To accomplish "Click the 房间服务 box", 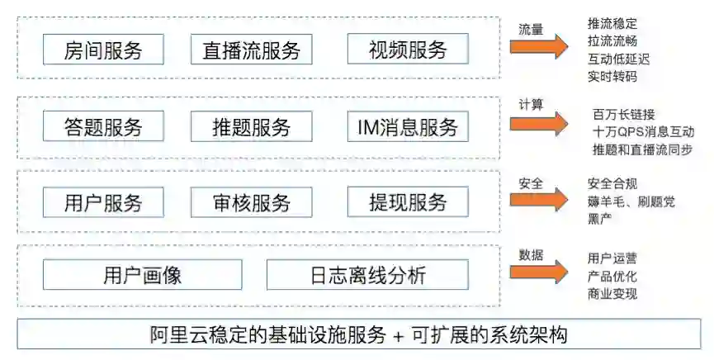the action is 104,50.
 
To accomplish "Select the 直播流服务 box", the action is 251,50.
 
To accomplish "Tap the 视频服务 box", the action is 408,50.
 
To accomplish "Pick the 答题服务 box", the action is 104,127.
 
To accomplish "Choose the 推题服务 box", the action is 251,127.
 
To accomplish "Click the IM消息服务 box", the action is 408,127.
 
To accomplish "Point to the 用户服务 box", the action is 104,202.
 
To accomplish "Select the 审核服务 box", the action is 251,202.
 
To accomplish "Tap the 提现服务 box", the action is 408,202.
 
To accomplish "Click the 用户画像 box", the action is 143,275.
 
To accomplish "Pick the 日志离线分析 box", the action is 367,275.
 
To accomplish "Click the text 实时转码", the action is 612,77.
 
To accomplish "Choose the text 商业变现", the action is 612,294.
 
